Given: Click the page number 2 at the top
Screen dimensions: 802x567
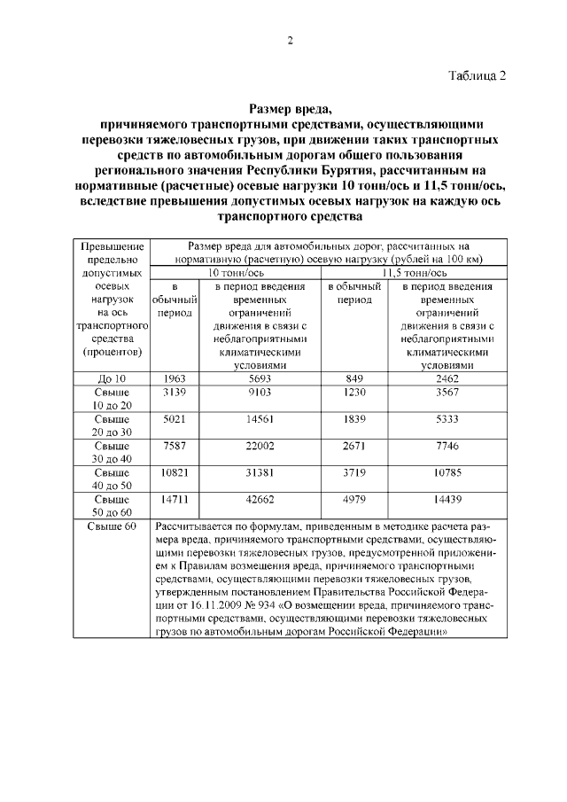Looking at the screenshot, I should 289,40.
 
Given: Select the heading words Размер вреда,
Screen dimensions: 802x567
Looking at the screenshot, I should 289,110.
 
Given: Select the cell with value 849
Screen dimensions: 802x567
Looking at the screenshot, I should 353,379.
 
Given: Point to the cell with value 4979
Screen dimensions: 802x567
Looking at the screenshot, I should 353,499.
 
